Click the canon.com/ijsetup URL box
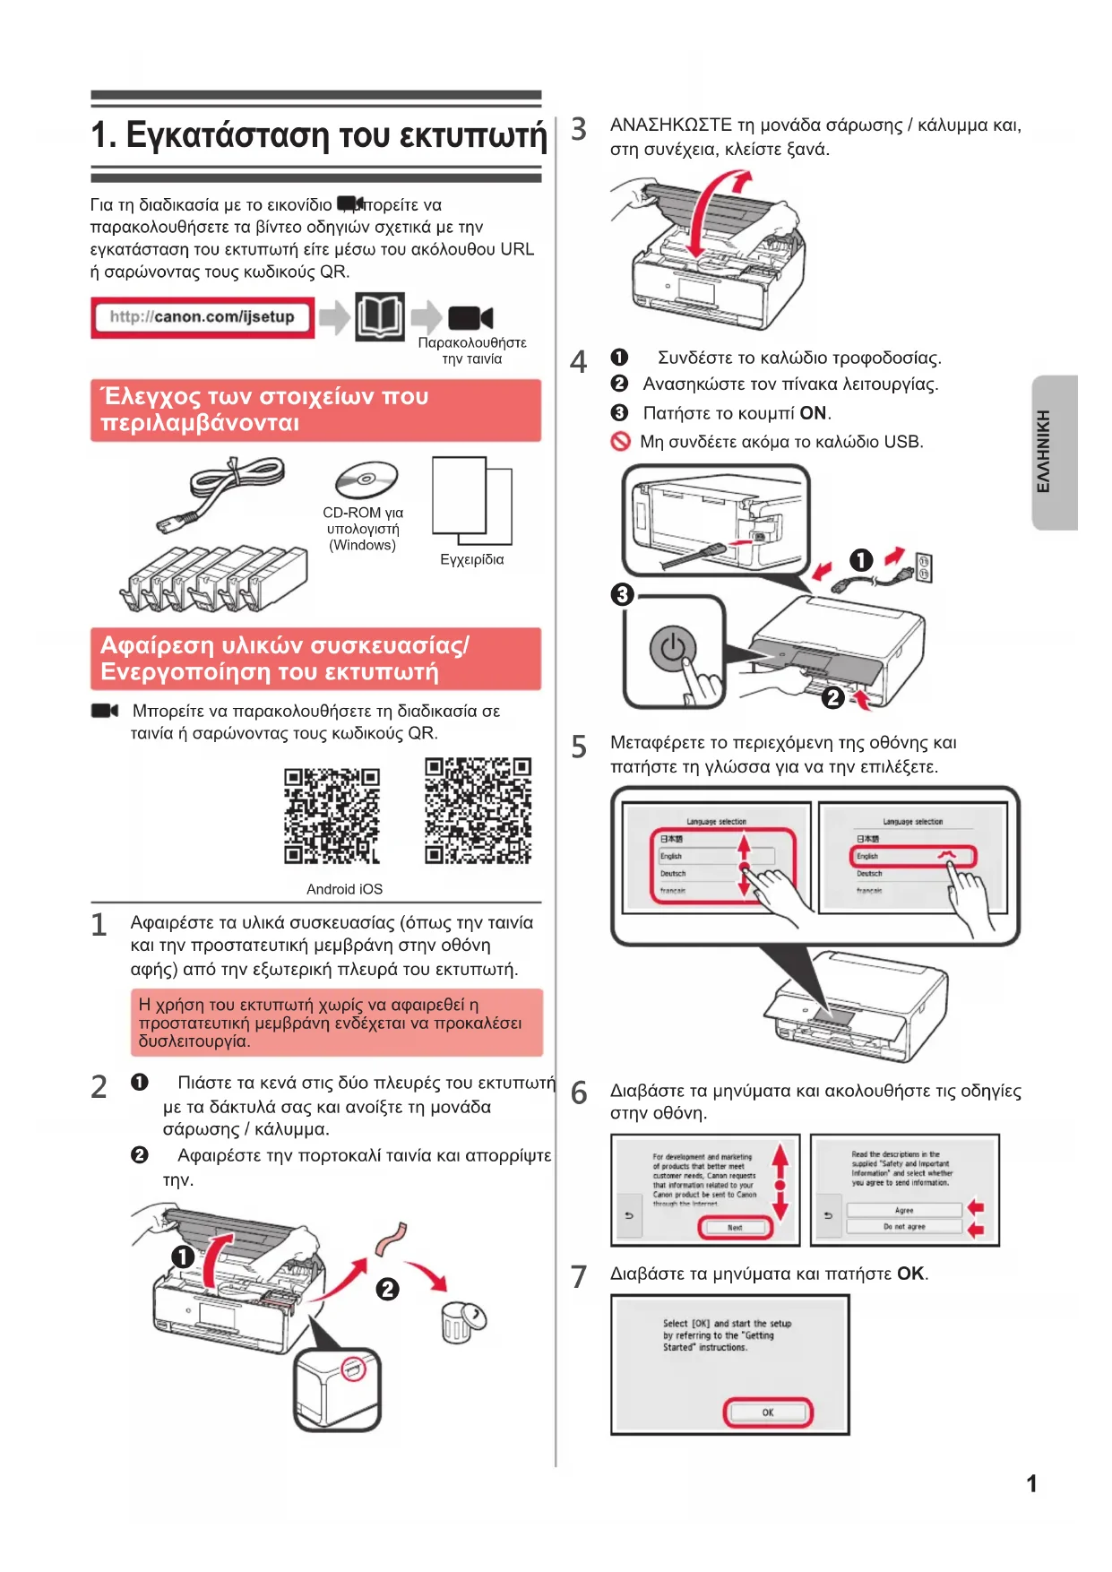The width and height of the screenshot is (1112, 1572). point(203,317)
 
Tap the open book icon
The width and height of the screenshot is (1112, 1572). point(380,316)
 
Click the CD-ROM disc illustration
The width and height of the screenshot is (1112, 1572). point(366,479)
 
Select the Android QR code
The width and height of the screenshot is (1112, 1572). point(332,816)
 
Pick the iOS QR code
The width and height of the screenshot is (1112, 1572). point(478,810)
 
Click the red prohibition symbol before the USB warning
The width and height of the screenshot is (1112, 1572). point(620,442)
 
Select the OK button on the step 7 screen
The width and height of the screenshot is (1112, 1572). point(768,1412)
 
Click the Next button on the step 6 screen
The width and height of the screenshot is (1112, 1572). point(735,1227)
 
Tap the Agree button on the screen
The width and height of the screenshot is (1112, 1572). point(904,1210)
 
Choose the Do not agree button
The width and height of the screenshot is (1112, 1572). point(904,1226)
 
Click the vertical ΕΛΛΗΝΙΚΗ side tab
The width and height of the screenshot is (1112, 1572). point(1054,452)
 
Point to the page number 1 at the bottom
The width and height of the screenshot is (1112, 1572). point(1031,1483)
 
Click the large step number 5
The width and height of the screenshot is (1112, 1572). point(579,747)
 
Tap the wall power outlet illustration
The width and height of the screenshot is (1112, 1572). point(924,567)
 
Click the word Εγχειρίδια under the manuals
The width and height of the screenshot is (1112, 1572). point(472,559)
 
